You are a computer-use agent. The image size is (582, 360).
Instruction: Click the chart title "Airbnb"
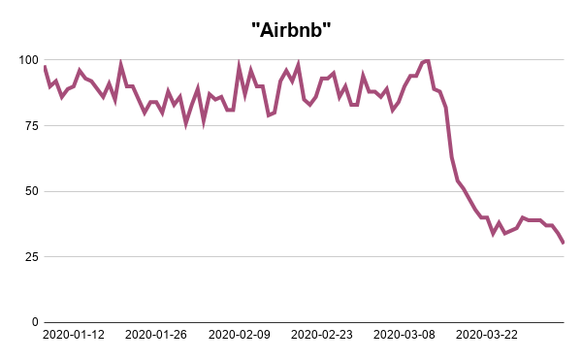[x=291, y=29]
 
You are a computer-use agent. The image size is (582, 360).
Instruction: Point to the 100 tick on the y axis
[x=27, y=60]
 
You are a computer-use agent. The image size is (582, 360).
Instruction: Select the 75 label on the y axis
[x=30, y=125]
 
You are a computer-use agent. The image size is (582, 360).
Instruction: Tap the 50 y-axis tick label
[x=30, y=191]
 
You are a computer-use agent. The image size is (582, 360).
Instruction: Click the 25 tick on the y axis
[x=30, y=256]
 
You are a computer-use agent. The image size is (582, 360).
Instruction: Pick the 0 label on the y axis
[x=34, y=322]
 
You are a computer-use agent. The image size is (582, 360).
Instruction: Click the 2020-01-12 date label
[x=75, y=335]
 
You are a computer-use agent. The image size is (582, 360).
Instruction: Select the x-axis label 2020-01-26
[x=157, y=335]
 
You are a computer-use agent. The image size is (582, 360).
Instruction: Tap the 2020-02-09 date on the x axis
[x=240, y=335]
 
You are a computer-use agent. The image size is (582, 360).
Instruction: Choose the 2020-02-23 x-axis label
[x=322, y=335]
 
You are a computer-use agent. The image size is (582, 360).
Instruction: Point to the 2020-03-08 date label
[x=404, y=335]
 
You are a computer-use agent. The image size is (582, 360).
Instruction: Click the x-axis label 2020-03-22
[x=487, y=335]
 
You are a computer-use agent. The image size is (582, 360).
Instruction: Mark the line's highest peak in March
[x=428, y=60]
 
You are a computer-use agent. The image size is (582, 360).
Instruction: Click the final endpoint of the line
[x=564, y=243]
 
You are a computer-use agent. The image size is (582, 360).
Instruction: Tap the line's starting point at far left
[x=45, y=66]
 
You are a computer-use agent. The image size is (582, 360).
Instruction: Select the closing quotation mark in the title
[x=327, y=23]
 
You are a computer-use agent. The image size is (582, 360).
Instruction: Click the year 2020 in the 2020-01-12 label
[x=58, y=335]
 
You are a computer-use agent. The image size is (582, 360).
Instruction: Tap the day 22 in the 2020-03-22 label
[x=510, y=335]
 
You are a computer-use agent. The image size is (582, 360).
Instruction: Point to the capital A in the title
[x=268, y=29]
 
